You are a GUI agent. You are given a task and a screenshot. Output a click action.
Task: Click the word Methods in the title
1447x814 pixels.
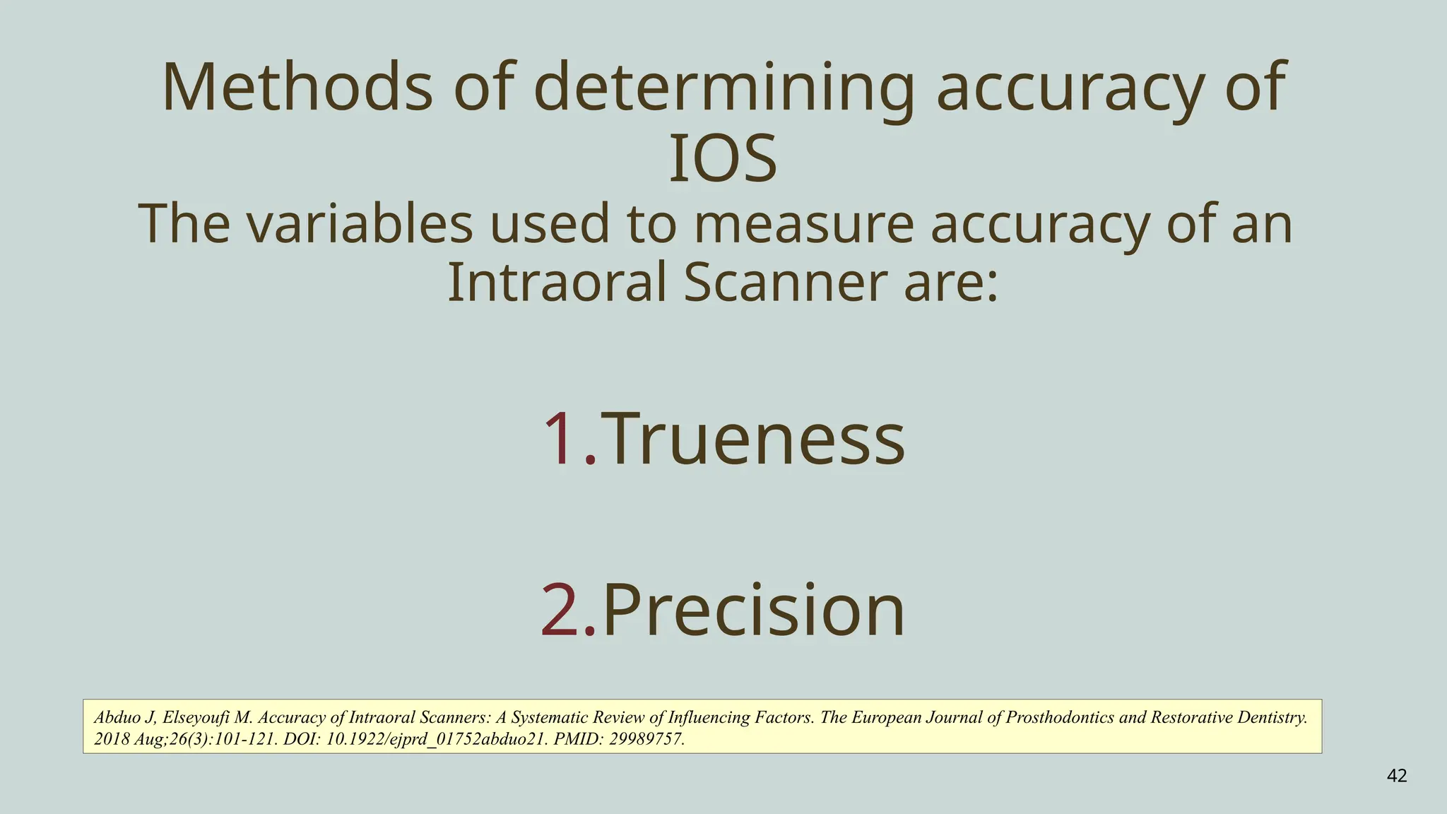coord(297,88)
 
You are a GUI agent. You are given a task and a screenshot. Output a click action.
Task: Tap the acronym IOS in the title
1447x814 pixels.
coord(723,160)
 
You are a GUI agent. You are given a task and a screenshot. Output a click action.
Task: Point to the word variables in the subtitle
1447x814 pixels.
coord(361,224)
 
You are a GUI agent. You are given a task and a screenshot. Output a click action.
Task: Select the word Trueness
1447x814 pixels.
coord(753,440)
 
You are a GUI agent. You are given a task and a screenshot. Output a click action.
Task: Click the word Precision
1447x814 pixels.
coord(753,610)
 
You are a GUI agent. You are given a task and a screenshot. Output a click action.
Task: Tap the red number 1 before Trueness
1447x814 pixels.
coord(562,440)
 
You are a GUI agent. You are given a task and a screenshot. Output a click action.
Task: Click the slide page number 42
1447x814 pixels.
coord(1397,777)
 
